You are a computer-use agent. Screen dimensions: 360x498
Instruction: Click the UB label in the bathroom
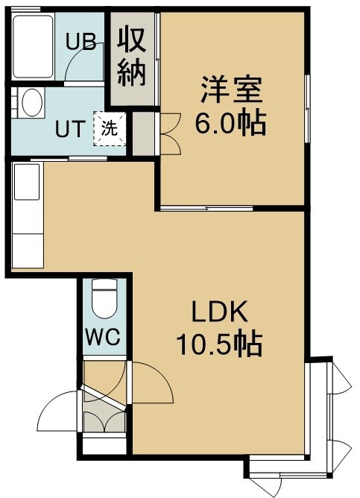tap(81, 42)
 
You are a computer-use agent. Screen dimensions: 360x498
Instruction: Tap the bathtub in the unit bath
tap(33, 47)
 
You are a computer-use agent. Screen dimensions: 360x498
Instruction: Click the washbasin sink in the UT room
tap(32, 102)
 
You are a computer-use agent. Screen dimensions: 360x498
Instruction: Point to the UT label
tap(71, 129)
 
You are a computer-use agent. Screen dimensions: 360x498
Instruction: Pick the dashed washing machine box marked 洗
tap(110, 129)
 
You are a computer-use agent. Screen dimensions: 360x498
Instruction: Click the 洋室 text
tap(231, 89)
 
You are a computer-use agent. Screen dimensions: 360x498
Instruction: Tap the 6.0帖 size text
tap(230, 122)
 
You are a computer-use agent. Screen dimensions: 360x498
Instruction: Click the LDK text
tap(219, 312)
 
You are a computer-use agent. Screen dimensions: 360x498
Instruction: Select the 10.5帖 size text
tap(219, 344)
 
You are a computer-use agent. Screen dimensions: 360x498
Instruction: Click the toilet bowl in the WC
tap(104, 298)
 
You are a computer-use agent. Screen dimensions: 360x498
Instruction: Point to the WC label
tap(104, 337)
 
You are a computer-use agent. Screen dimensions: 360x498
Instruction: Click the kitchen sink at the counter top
tap(27, 182)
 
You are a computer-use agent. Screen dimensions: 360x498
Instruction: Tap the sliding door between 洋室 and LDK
tap(206, 208)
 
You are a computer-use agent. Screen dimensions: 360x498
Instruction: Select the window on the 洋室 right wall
tap(307, 109)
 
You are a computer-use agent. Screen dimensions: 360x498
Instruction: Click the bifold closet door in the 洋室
tap(171, 134)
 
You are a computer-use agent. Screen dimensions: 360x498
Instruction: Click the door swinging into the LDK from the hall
tap(152, 382)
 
